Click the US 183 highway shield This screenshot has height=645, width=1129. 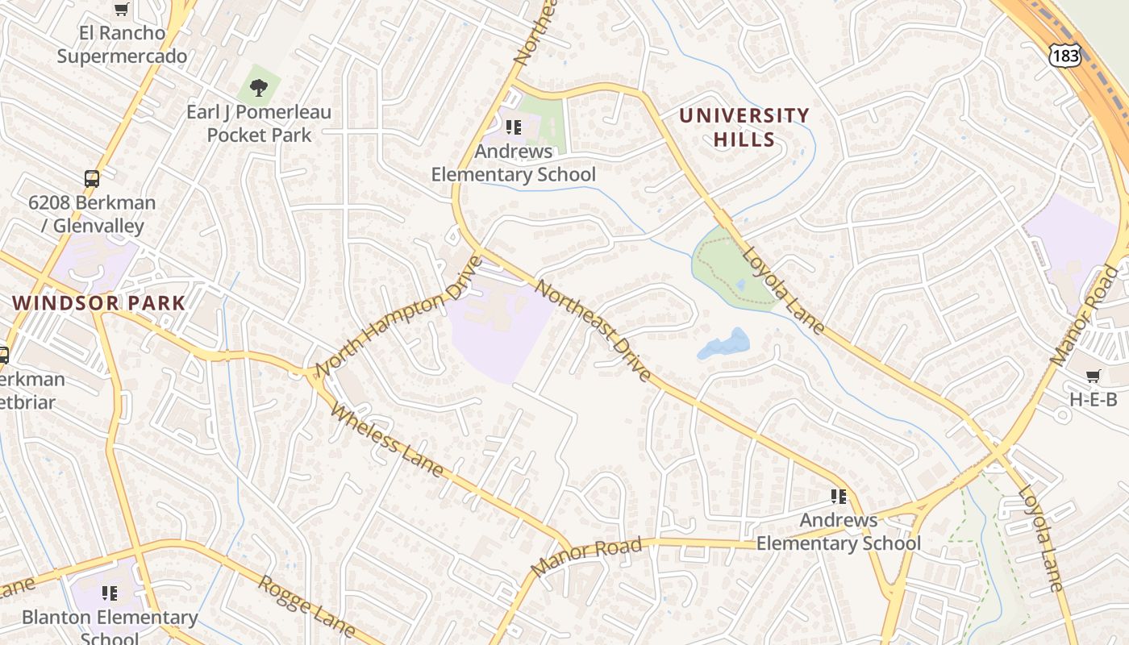(x=1064, y=55)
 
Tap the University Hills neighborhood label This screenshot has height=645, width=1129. (x=744, y=127)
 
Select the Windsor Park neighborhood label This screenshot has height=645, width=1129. (x=99, y=303)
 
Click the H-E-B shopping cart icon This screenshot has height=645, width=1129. (x=1093, y=376)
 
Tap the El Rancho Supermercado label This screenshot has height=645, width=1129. (x=122, y=44)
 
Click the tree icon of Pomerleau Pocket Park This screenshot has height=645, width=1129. (x=259, y=86)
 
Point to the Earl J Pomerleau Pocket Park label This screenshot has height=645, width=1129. (x=259, y=123)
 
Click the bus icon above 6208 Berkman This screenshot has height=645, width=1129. (x=92, y=179)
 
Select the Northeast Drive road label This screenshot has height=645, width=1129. (x=594, y=331)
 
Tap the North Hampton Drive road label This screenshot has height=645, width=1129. (x=398, y=316)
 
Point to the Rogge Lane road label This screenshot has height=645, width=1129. (x=306, y=605)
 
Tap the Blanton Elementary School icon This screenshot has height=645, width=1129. (x=110, y=594)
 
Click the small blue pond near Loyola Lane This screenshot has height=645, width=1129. (x=723, y=344)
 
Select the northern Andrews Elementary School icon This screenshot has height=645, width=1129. (x=514, y=127)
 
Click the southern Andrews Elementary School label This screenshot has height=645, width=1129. (x=838, y=531)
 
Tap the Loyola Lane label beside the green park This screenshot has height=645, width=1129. (x=782, y=290)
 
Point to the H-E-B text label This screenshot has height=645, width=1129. (x=1093, y=398)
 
